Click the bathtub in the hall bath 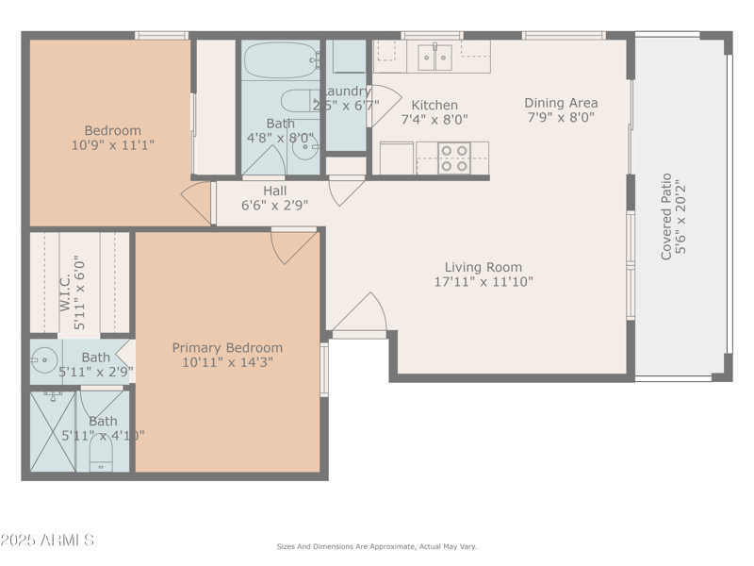click(280, 61)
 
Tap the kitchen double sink click(434, 58)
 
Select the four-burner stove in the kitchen click(454, 158)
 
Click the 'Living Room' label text click(484, 267)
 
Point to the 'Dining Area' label click(562, 103)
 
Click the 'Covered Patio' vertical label click(666, 216)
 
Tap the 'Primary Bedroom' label click(227, 348)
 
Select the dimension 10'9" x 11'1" click(113, 145)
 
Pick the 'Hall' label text click(275, 191)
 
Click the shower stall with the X click(52, 430)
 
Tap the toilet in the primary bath click(100, 459)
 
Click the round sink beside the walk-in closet click(43, 358)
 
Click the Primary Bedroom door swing click(293, 245)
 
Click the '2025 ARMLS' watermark click(47, 541)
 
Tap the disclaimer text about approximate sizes click(376, 546)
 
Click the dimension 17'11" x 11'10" click(484, 281)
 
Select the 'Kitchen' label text click(434, 105)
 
